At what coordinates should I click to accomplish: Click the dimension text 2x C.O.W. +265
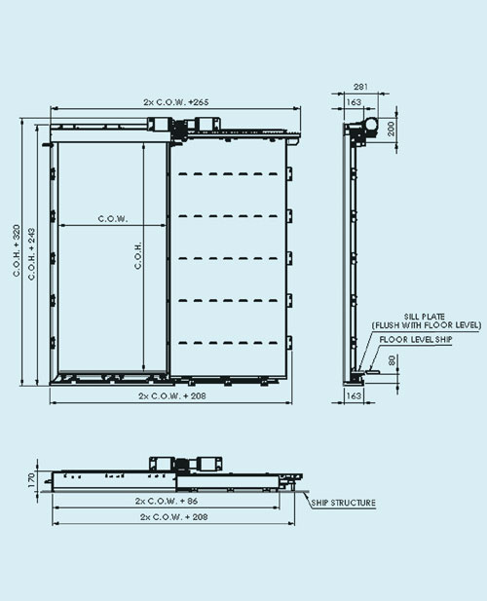pyautogui.click(x=176, y=102)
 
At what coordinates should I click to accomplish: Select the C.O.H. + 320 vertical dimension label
pyautogui.click(x=17, y=250)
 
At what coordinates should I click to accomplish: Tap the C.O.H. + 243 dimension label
pyautogui.click(x=31, y=254)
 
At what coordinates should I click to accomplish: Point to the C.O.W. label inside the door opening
pyautogui.click(x=113, y=219)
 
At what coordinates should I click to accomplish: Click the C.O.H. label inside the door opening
pyautogui.click(x=138, y=255)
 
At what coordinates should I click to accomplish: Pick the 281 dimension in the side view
pyautogui.click(x=360, y=87)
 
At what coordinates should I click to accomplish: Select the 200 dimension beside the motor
pyautogui.click(x=391, y=129)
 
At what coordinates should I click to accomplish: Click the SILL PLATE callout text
pyautogui.click(x=425, y=317)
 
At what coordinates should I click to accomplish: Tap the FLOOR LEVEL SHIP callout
pyautogui.click(x=416, y=340)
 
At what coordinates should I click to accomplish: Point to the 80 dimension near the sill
pyautogui.click(x=392, y=360)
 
